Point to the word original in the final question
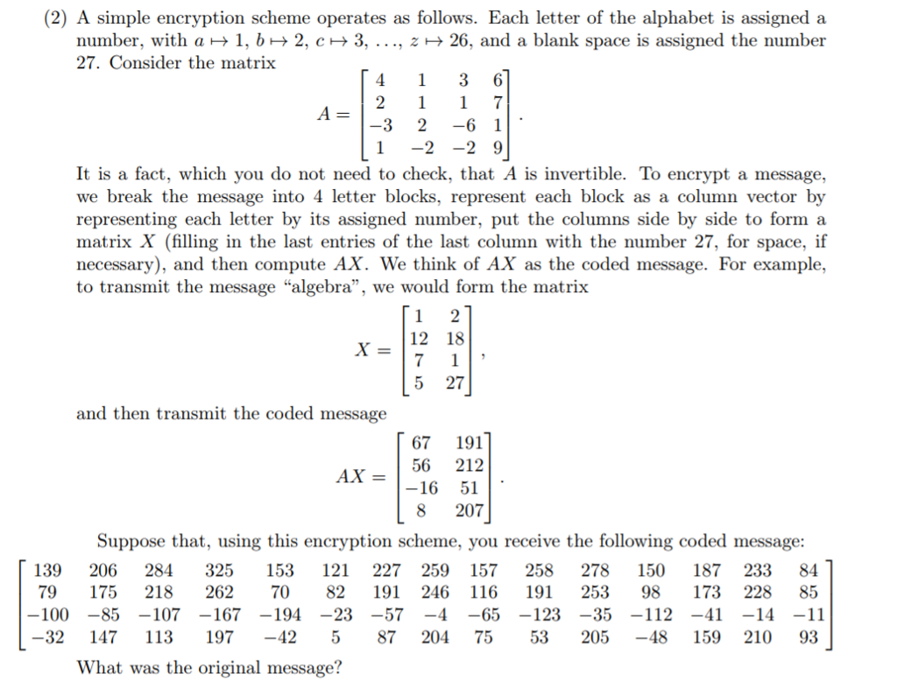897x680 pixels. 223,667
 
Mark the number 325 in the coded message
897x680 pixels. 219,571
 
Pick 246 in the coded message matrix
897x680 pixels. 435,592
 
